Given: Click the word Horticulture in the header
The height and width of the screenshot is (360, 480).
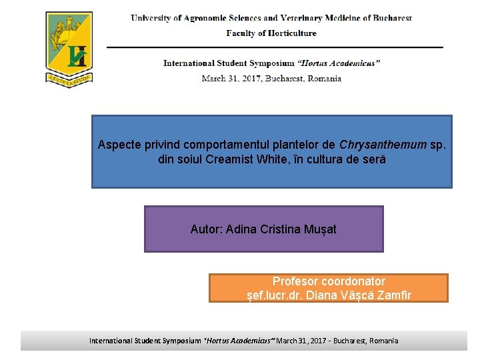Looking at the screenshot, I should [292, 33].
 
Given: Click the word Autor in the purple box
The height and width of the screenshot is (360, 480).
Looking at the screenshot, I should [205, 229].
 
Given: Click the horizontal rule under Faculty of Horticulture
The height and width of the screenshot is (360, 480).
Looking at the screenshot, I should [275, 47].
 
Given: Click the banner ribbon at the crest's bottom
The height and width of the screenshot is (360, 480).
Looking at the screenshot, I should [69, 78].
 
